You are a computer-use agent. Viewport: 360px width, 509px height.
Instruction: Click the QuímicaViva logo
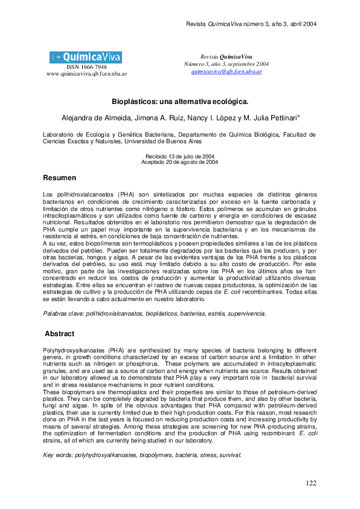pyautogui.click(x=86, y=57)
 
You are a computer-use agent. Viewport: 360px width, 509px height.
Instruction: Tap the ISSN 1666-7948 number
pyautogui.click(x=86, y=67)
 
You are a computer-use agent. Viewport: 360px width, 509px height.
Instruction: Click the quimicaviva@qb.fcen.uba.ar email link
pyautogui.click(x=226, y=71)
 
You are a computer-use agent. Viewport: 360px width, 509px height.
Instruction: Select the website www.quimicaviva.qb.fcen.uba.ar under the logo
pyautogui.click(x=86, y=74)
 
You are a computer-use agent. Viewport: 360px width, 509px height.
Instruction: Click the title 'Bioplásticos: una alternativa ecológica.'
pyautogui.click(x=180, y=102)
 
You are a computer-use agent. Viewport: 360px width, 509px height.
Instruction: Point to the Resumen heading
pyautogui.click(x=59, y=178)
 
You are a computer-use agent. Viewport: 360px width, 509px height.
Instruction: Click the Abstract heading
pyautogui.click(x=60, y=334)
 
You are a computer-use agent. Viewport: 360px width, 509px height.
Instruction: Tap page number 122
pyautogui.click(x=311, y=483)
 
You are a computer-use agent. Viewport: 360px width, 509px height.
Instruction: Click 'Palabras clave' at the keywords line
pyautogui.click(x=62, y=314)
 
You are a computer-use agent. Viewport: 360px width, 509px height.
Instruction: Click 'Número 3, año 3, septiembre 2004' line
pyautogui.click(x=226, y=64)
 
